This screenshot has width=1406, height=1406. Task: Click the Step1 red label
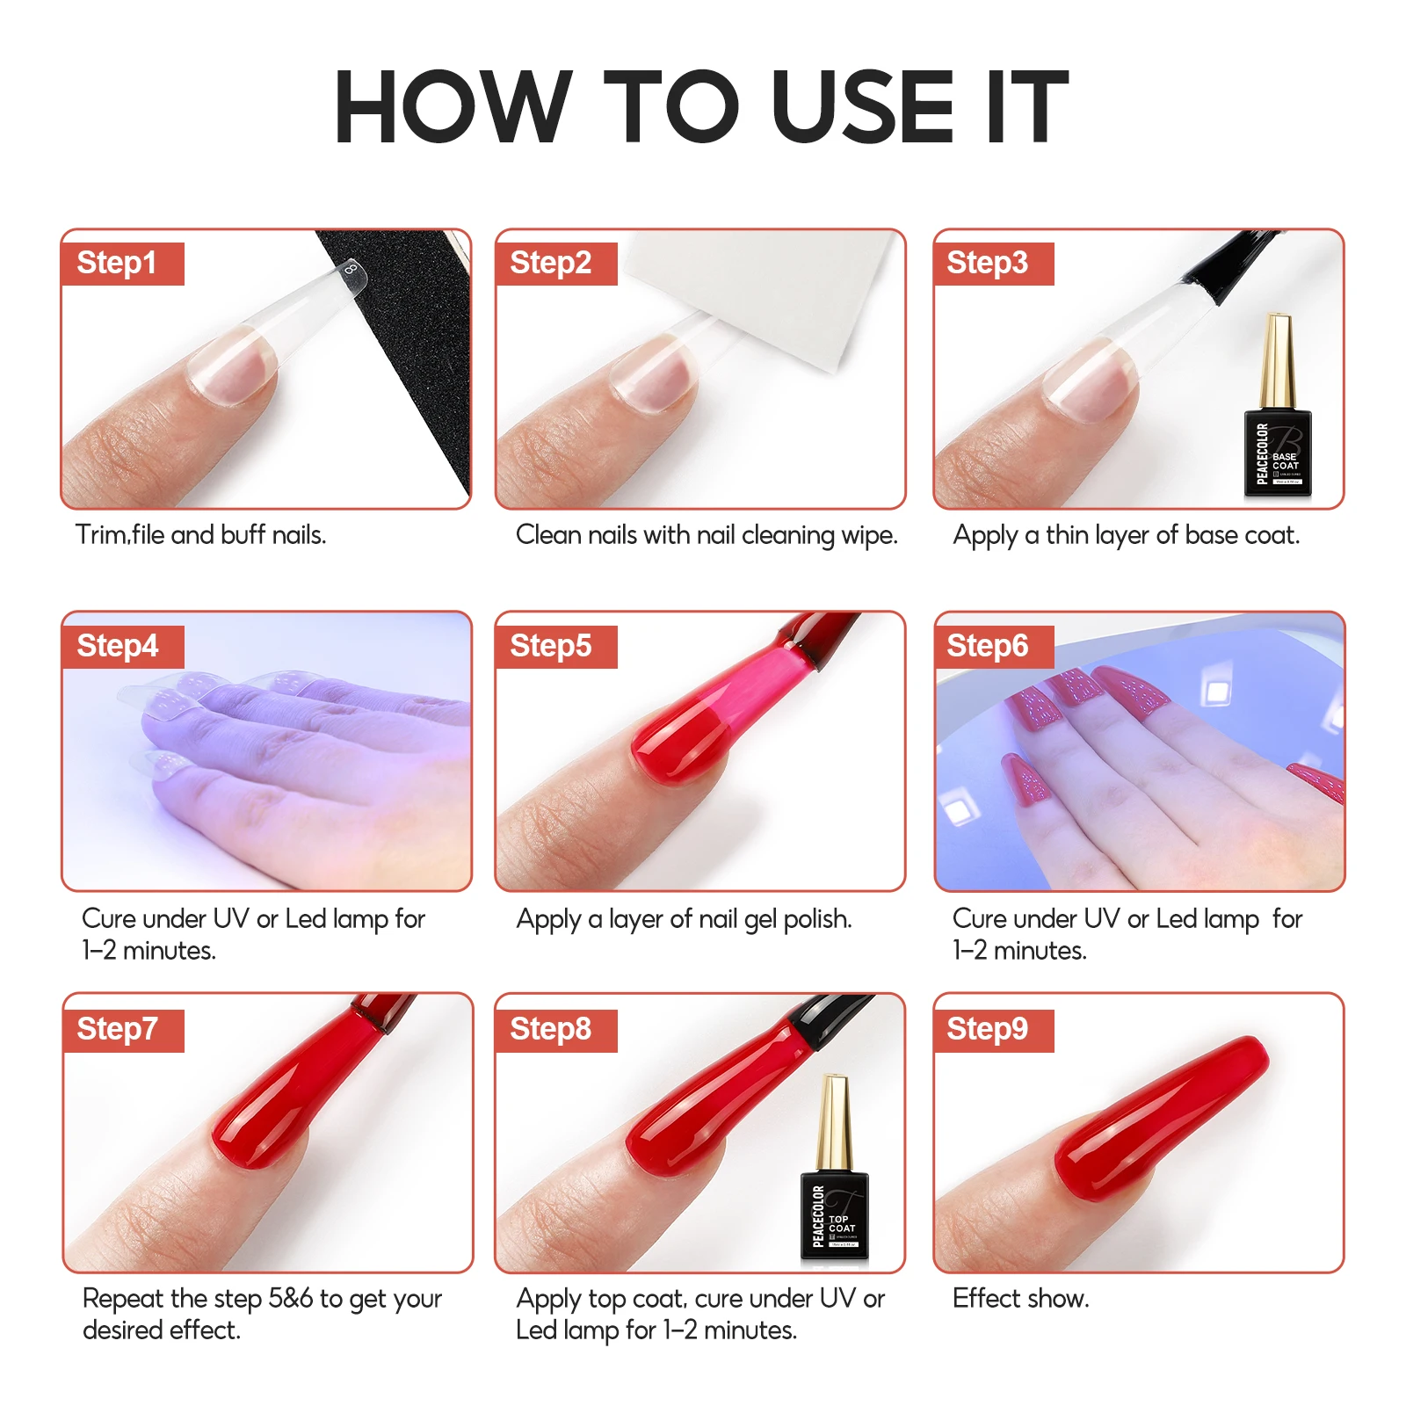tap(122, 264)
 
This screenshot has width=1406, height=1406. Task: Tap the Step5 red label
tap(555, 647)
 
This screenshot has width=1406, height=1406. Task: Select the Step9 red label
tap(992, 1030)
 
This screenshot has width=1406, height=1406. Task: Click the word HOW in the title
tap(453, 107)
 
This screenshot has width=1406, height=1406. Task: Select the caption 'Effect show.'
tap(1020, 1299)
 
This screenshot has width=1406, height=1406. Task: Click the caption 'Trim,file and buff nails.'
tap(200, 535)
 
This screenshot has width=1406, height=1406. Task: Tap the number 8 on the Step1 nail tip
tap(351, 268)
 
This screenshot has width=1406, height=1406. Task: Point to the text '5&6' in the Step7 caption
tap(290, 1299)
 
